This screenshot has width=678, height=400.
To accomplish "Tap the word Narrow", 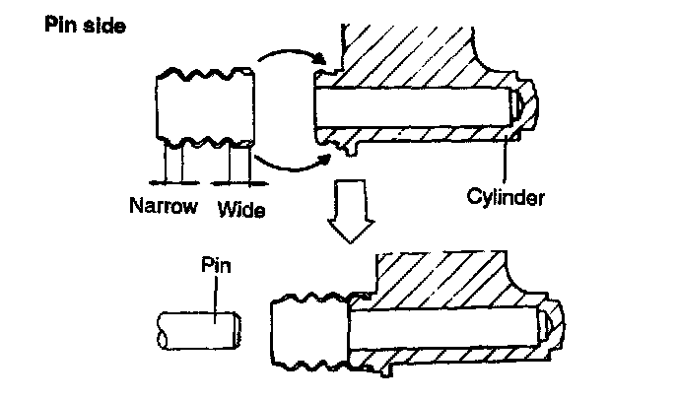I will pos(164,208).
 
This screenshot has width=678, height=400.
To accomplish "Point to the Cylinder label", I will pos(507,196).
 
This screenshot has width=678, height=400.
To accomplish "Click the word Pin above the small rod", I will pos(215,265).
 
